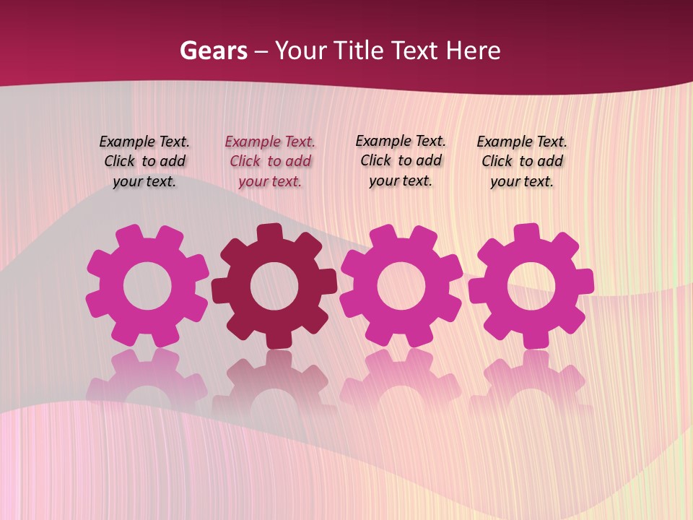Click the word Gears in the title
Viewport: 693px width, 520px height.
[x=213, y=51]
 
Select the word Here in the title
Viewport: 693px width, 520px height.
[x=473, y=51]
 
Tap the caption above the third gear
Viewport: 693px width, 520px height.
[x=401, y=161]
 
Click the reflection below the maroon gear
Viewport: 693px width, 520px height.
[x=274, y=379]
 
